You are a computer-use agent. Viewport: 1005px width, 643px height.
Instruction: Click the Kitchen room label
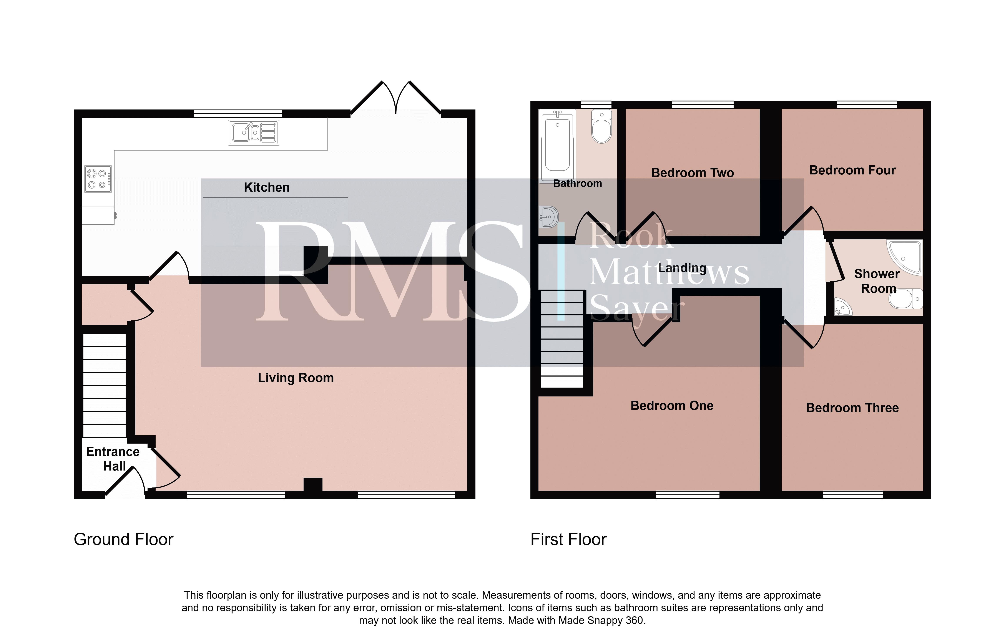coord(266,187)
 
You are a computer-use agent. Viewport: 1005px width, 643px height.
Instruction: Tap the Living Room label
coord(296,378)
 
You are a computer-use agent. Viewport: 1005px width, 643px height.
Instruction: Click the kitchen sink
coord(253,133)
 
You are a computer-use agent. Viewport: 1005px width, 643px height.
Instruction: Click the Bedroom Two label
coord(692,173)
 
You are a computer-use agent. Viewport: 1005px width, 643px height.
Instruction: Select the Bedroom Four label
coord(852,170)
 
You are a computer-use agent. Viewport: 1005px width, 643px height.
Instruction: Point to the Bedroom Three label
coord(852,408)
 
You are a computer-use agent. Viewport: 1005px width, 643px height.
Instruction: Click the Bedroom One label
coord(672,406)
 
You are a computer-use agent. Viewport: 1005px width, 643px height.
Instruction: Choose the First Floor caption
coord(568,539)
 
